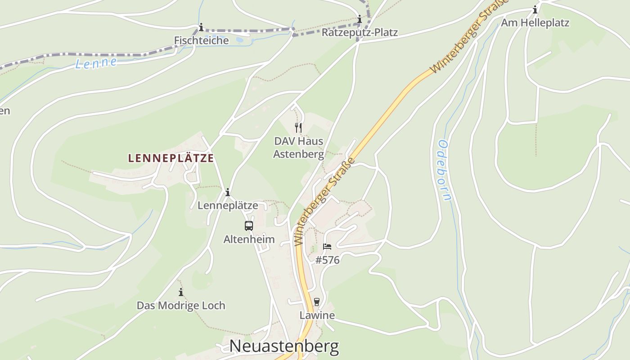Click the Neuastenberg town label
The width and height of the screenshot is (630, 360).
pyautogui.click(x=284, y=346)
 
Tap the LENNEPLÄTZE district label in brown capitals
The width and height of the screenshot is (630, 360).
pyautogui.click(x=171, y=158)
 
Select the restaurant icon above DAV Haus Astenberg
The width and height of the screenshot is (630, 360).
pyautogui.click(x=298, y=128)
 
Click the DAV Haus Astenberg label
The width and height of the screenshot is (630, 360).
pyautogui.click(x=299, y=148)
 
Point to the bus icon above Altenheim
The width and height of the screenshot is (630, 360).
pyautogui.click(x=249, y=226)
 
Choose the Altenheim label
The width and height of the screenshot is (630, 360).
pyautogui.click(x=249, y=239)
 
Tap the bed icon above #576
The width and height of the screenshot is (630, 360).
pyautogui.click(x=327, y=247)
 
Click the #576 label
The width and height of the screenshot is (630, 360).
pyautogui.click(x=327, y=260)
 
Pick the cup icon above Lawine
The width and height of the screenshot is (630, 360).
pyautogui.click(x=317, y=301)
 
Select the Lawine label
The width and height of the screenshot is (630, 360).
pyautogui.click(x=317, y=315)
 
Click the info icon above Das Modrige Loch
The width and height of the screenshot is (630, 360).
pyautogui.click(x=181, y=292)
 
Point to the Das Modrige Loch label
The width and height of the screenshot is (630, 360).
pyautogui.click(x=181, y=306)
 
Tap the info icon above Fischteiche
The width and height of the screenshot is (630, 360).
pyautogui.click(x=201, y=27)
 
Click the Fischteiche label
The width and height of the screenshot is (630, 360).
pyautogui.click(x=201, y=40)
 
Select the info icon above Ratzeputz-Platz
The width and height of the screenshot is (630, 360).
pyautogui.click(x=360, y=19)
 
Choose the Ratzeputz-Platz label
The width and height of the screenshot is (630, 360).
pyautogui.click(x=360, y=33)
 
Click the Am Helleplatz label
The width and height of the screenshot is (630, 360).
pyautogui.click(x=535, y=23)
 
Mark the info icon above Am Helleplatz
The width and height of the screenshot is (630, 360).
pyautogui.click(x=535, y=9)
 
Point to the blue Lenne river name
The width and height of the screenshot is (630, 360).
pyautogui.click(x=96, y=63)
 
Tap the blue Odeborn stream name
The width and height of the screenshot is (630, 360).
pyautogui.click(x=444, y=170)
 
